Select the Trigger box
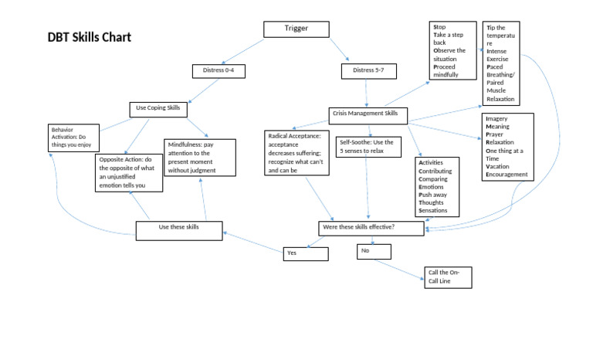click(x=296, y=29)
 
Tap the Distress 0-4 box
click(x=219, y=71)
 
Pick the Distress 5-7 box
click(x=368, y=71)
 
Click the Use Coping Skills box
click(x=158, y=109)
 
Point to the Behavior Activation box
click(x=73, y=137)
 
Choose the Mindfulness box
click(x=199, y=157)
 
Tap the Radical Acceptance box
click(x=296, y=152)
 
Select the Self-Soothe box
click(x=368, y=147)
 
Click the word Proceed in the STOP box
click(x=446, y=67)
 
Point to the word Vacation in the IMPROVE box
click(x=502, y=166)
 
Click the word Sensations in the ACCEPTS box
click(x=433, y=211)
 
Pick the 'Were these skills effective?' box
click(x=371, y=228)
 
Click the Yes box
click(x=305, y=253)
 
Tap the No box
click(x=374, y=251)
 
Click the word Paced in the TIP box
click(x=495, y=67)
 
